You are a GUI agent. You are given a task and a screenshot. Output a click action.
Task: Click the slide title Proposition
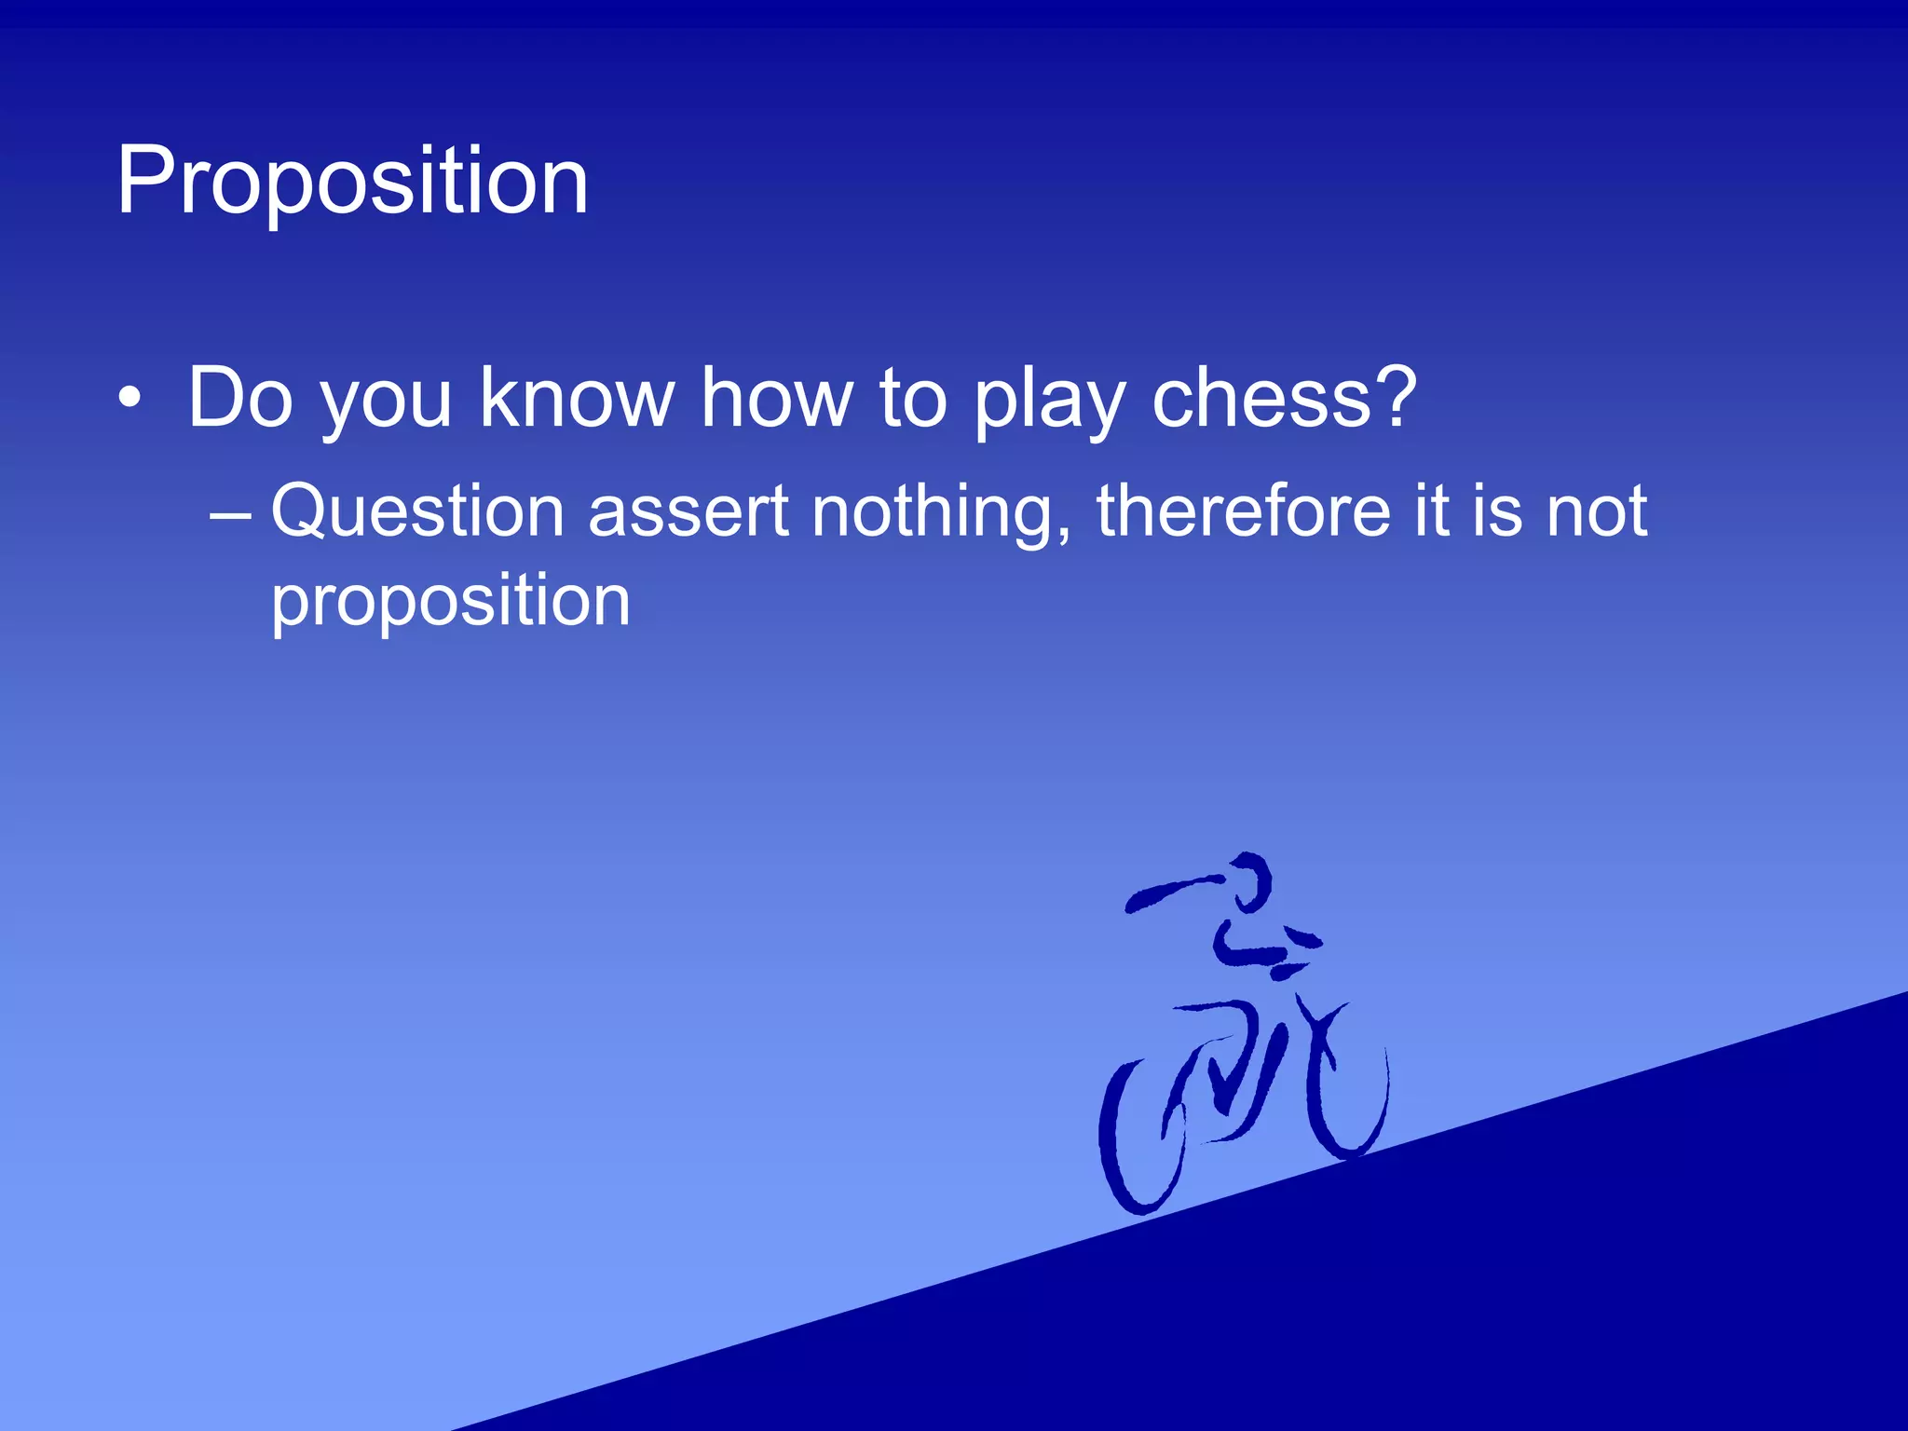352,183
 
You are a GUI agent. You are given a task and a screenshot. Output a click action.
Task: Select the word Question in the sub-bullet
417,512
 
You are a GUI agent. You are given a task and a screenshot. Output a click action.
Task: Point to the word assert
688,512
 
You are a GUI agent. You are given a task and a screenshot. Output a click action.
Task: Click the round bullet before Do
130,399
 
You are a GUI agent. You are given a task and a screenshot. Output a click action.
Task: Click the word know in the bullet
577,398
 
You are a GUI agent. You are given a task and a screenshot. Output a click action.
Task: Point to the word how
776,398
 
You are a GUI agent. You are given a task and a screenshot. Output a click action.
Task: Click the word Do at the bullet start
240,398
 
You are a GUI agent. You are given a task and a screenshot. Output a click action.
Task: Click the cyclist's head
1247,879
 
